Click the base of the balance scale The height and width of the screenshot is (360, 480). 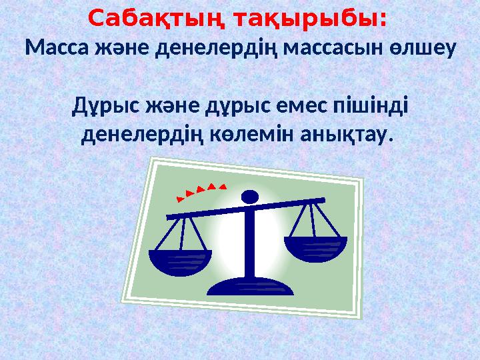(251, 287)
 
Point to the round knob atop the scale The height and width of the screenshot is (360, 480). (249, 197)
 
